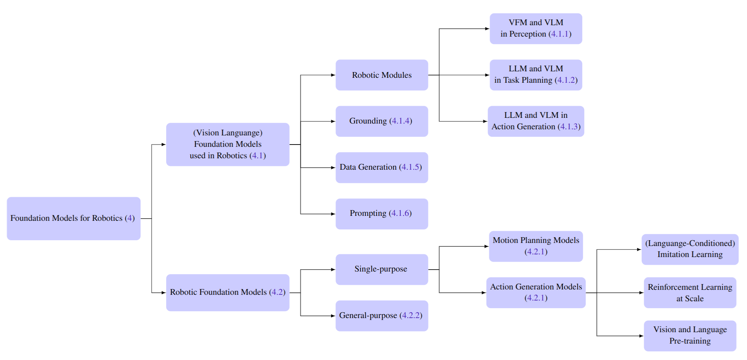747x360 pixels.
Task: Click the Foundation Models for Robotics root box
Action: [74, 218]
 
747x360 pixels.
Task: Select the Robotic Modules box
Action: [382, 75]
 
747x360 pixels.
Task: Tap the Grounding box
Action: [382, 121]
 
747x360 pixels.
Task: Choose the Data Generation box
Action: [382, 167]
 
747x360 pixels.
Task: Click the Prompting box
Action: [382, 214]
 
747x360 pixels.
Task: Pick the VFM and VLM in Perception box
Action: [536, 29]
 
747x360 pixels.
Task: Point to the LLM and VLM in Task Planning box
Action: [536, 75]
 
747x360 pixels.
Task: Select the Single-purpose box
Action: [382, 269]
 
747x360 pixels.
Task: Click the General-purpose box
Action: [382, 316]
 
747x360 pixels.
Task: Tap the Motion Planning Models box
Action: [536, 246]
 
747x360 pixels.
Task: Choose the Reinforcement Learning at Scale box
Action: [690, 292]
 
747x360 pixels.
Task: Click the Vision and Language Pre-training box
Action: [690, 336]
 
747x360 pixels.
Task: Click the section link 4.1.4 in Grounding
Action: [400, 121]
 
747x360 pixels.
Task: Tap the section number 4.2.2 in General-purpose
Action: [411, 315]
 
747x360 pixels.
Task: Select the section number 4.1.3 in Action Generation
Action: [569, 127]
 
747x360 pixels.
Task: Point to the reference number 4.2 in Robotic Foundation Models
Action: [277, 292]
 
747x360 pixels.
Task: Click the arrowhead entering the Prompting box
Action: [333, 214]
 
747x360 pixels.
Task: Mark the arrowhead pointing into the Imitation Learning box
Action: [639, 249]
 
